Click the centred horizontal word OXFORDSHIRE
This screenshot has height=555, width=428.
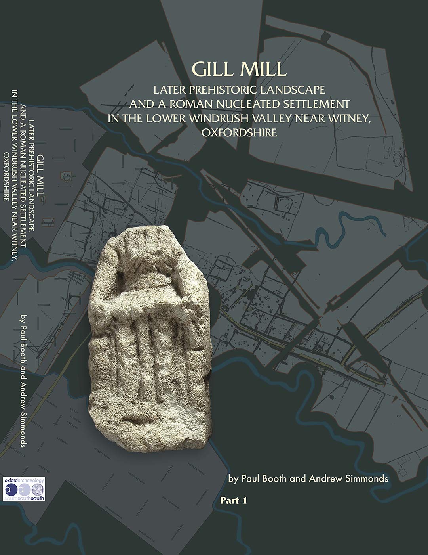coord(240,132)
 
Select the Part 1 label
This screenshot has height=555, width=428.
coord(234,501)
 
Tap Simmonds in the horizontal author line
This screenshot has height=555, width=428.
coord(367,478)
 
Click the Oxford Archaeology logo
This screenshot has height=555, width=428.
coord(24,489)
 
